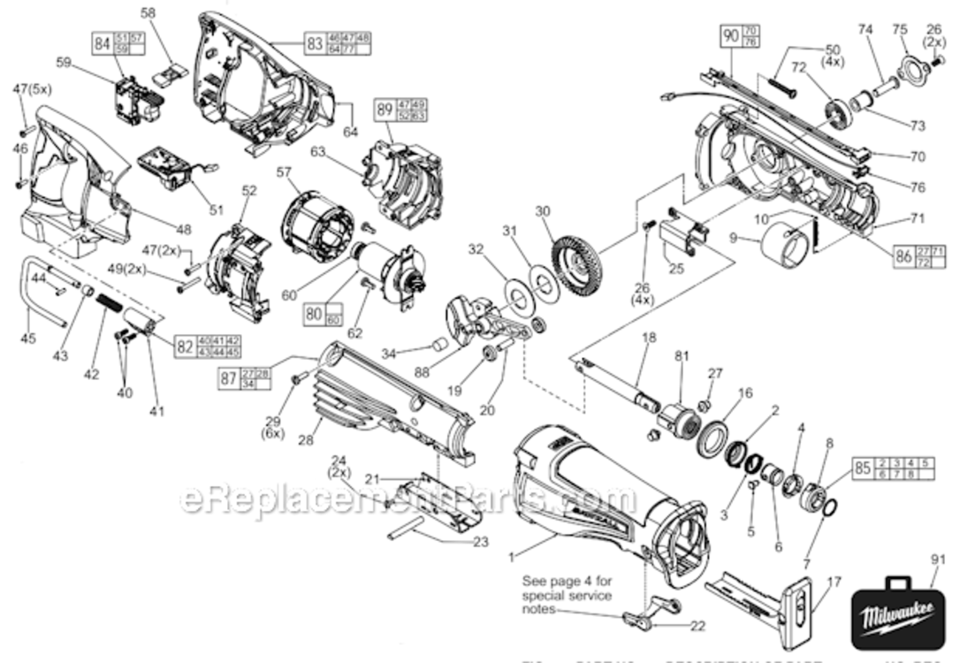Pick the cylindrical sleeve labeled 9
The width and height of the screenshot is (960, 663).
[783, 244]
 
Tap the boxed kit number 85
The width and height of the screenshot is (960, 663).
[862, 468]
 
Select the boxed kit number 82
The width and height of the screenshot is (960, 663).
[184, 346]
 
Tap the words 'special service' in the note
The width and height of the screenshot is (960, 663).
[567, 595]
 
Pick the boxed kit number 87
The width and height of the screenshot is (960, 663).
[229, 378]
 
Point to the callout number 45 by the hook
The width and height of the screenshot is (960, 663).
[28, 338]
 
